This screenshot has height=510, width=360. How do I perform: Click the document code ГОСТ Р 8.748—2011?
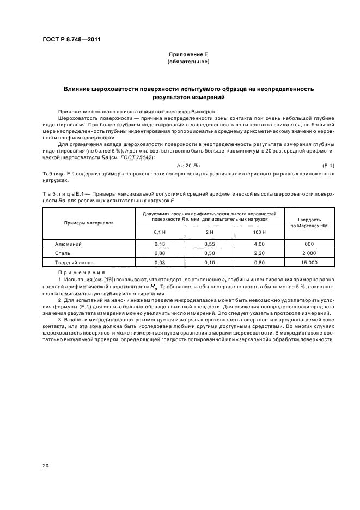pos(71,40)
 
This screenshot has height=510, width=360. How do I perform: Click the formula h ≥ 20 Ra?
pos(188,165)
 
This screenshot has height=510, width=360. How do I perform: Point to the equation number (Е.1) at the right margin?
pos(328,165)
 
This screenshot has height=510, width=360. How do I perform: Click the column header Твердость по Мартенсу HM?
pos(308,222)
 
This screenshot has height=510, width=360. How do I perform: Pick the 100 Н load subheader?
pos(259,233)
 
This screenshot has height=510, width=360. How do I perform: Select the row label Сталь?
pos(63,253)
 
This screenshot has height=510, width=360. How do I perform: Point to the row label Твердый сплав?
pos(72,263)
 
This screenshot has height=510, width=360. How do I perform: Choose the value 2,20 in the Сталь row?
pos(259,253)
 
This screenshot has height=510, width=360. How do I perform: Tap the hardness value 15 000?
pos(308,263)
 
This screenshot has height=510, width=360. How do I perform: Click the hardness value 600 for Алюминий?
pos(308,244)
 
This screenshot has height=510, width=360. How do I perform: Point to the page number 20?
pos(46,466)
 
